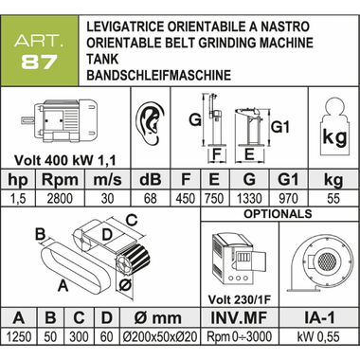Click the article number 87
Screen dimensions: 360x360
tap(39, 62)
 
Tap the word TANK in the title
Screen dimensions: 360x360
tap(102, 59)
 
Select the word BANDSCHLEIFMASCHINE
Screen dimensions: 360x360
tap(159, 75)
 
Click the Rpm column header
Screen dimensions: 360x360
tap(60, 180)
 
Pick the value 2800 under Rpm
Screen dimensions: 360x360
tap(60, 199)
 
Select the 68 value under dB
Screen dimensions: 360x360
tap(150, 199)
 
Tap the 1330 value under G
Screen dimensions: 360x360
tap(249, 199)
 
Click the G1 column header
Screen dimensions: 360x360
tap(288, 179)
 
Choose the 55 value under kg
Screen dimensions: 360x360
tap(333, 199)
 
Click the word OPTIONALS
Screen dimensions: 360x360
tap(278, 214)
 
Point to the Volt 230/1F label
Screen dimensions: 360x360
tap(240, 299)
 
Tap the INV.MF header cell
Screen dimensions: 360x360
tap(239, 317)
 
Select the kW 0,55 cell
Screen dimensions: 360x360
tap(319, 336)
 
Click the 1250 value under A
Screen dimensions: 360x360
tap(19, 336)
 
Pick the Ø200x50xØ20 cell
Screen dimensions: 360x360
tap(160, 336)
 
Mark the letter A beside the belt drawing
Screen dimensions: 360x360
tap(63, 286)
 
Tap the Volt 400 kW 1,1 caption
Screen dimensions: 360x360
tap(65, 160)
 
